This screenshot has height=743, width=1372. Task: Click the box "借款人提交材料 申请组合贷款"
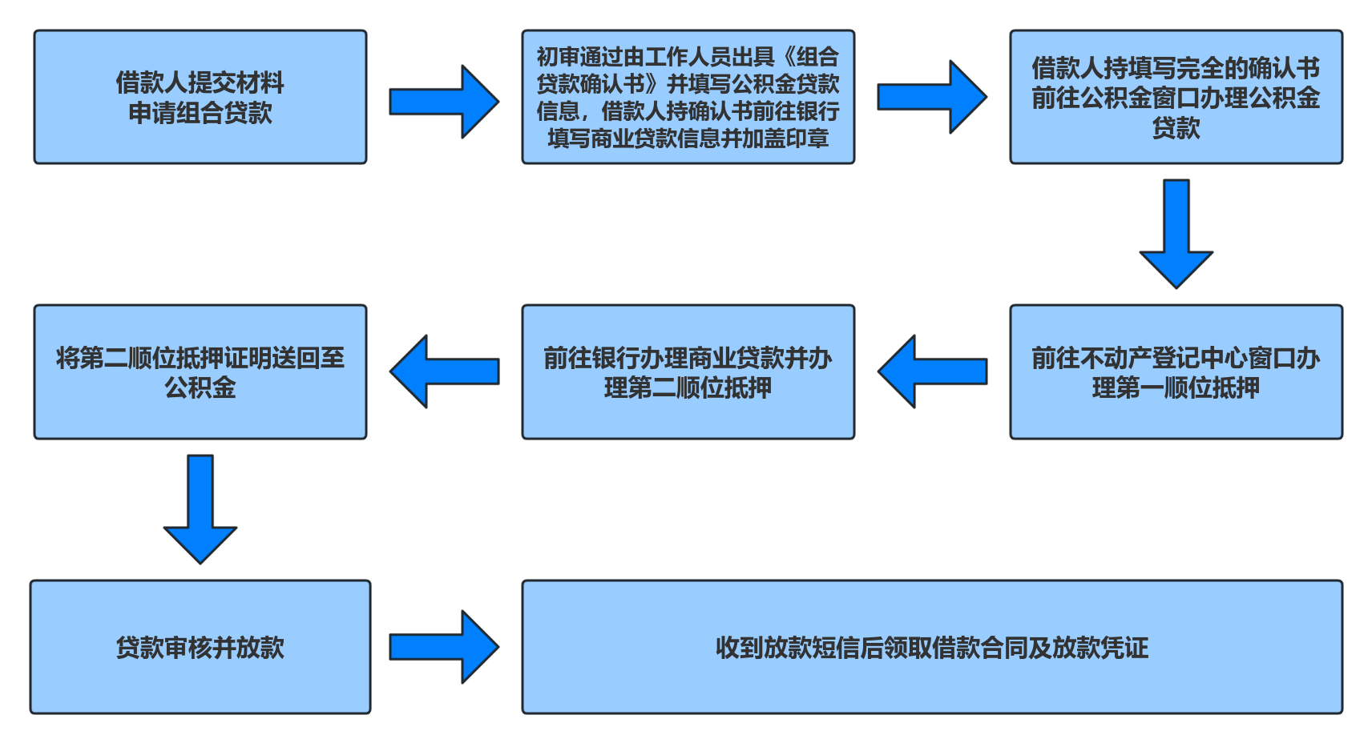200,97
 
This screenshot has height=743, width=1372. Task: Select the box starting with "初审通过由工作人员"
688,97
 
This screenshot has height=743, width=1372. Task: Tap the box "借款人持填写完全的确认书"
1176,97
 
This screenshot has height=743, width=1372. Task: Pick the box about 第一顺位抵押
1176,371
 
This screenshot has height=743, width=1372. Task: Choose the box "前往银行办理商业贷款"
688,371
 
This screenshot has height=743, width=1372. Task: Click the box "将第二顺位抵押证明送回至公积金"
200,371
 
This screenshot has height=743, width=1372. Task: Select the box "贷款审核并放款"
200,647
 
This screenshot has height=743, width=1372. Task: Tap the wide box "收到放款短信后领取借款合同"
931,647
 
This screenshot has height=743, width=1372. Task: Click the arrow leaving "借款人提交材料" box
443,102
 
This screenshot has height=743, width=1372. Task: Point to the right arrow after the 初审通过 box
931,97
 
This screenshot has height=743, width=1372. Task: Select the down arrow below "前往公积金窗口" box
1176,233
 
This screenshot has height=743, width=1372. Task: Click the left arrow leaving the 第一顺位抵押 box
933,371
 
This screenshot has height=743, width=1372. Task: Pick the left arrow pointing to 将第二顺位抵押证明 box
445,371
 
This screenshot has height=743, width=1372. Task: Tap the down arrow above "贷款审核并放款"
200,508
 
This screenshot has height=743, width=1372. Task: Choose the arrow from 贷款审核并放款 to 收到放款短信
443,647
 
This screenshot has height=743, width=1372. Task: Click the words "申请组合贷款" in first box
200,113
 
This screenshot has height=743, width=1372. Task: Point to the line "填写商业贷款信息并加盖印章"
688,139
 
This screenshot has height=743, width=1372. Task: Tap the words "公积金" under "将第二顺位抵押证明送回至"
200,388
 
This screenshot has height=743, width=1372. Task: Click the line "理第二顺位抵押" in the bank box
688,388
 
